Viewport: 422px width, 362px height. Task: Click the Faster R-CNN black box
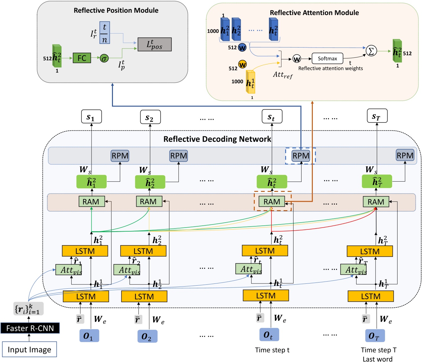pos(30,328)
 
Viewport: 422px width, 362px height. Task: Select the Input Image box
pos(29,350)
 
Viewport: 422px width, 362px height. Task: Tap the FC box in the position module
pos(82,58)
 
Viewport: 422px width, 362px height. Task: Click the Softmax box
pos(327,58)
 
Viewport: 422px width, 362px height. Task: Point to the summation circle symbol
pos(371,51)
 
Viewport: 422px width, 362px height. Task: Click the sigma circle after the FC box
pos(104,58)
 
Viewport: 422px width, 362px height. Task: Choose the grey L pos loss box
pos(155,44)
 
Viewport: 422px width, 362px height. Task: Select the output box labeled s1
pos(92,116)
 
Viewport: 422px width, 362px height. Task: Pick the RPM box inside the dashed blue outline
pos(301,156)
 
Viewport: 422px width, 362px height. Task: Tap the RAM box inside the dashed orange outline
pos(272,202)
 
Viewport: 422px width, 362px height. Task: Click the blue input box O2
pos(147,336)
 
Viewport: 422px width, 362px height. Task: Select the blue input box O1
pos(89,336)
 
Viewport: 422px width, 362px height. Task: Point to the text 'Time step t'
pos(272,350)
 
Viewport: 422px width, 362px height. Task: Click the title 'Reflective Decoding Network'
pos(217,139)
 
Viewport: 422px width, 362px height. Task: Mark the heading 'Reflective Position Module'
pos(116,11)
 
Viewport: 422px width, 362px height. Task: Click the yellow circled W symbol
pos(242,65)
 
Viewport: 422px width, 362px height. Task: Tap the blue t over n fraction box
pos(105,33)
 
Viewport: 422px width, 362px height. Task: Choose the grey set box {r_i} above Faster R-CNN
pos(28,309)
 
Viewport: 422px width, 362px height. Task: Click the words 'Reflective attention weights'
pos(330,68)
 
